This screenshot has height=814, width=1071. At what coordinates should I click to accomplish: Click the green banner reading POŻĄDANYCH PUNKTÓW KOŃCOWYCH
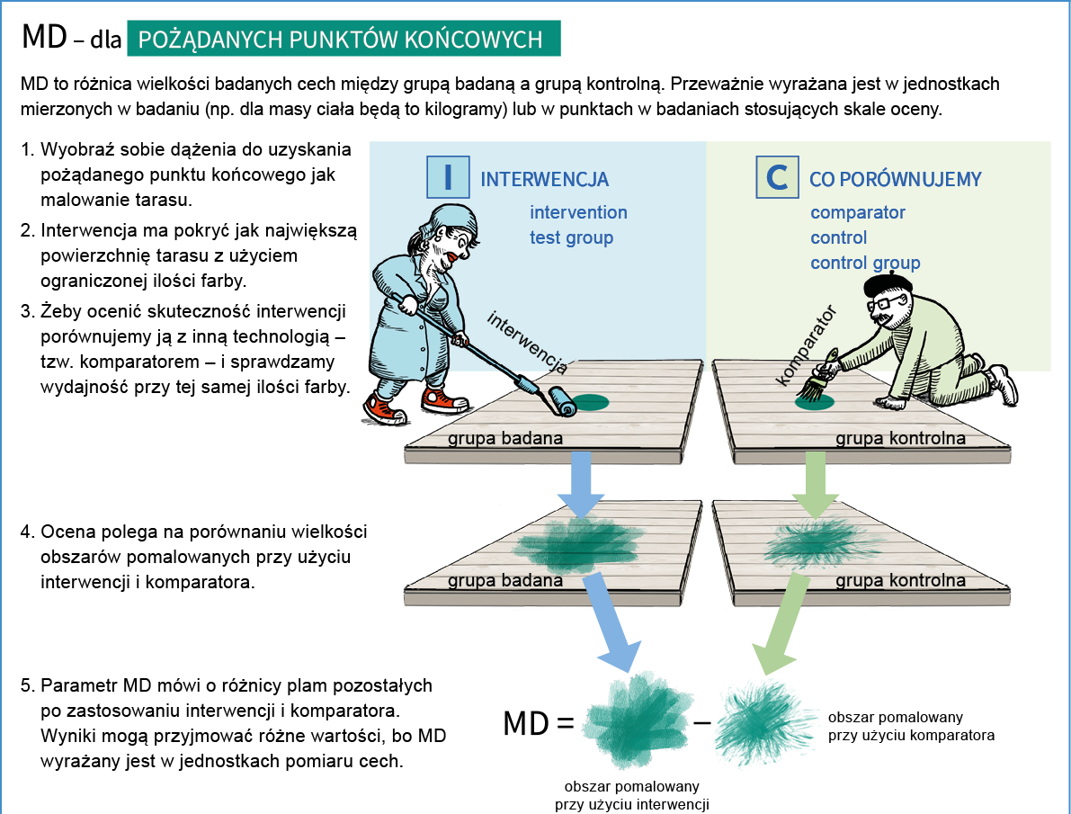coord(344,40)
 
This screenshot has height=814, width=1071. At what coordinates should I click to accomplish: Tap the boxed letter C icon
coord(777,176)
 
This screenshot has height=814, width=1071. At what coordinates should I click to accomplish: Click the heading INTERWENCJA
coord(545,179)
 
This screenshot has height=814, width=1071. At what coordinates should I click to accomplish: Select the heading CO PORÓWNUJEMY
coord(895,179)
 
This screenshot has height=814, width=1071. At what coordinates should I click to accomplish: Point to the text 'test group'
coord(571,237)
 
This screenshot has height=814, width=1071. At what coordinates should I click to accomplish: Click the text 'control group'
coord(865,263)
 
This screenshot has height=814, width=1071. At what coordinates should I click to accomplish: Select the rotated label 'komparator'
coord(806,344)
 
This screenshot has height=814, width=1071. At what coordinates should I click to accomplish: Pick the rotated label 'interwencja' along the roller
coord(527,343)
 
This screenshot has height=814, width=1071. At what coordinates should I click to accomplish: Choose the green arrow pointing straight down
coord(816,484)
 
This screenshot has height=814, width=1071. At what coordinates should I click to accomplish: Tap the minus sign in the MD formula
coord(702,721)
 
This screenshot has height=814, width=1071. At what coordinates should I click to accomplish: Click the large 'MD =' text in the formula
coord(538,722)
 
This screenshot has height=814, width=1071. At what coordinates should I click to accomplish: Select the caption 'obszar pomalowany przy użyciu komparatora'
coord(911,726)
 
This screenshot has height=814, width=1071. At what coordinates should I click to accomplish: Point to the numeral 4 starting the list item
coord(27,532)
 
